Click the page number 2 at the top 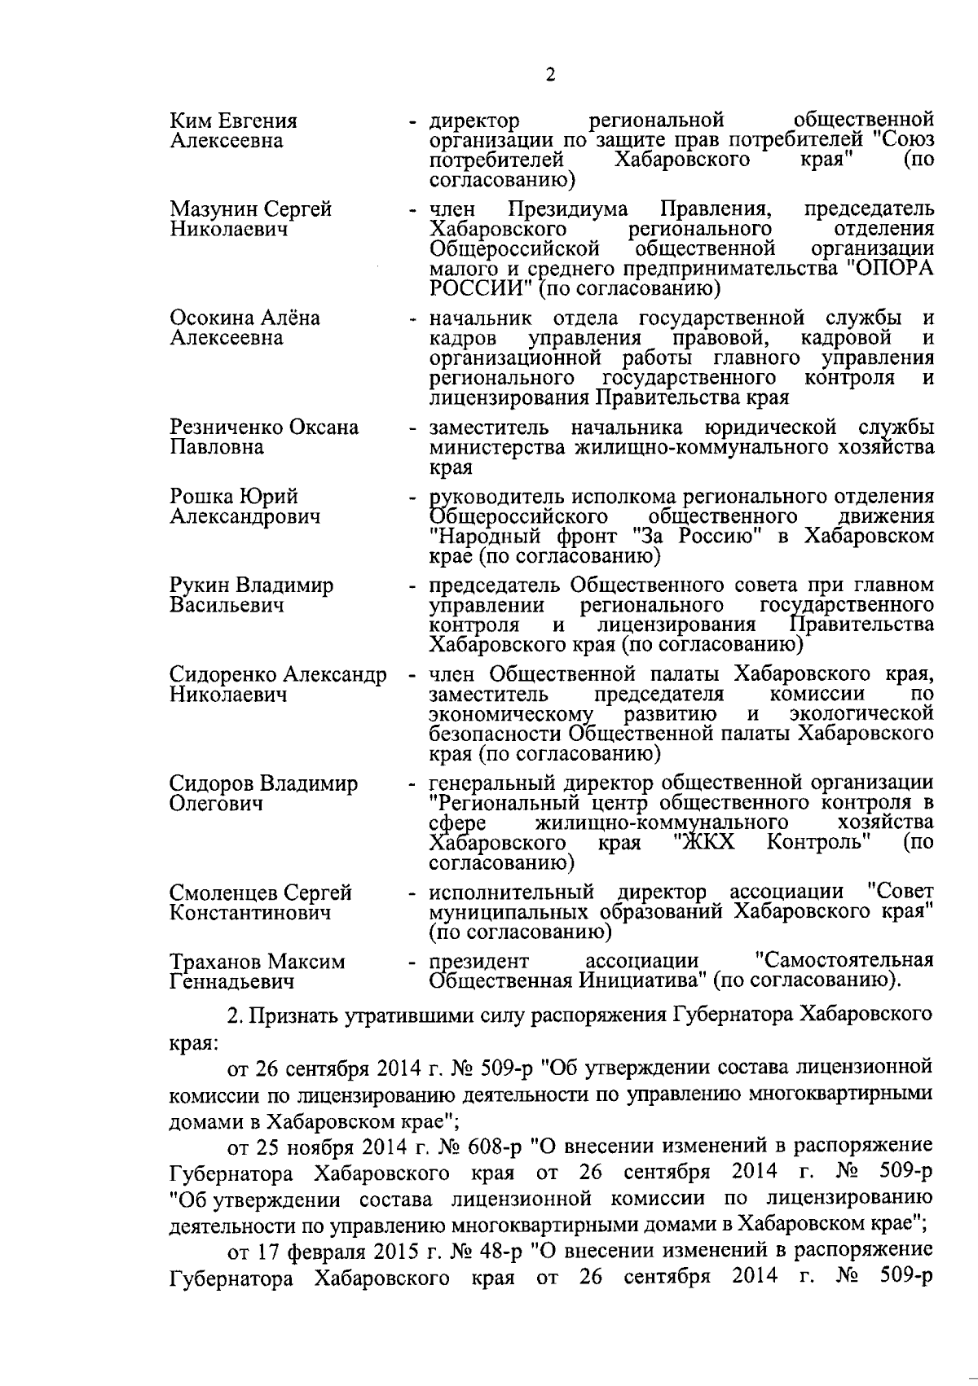[550, 76]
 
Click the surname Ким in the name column [188, 121]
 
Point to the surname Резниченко [222, 428]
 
